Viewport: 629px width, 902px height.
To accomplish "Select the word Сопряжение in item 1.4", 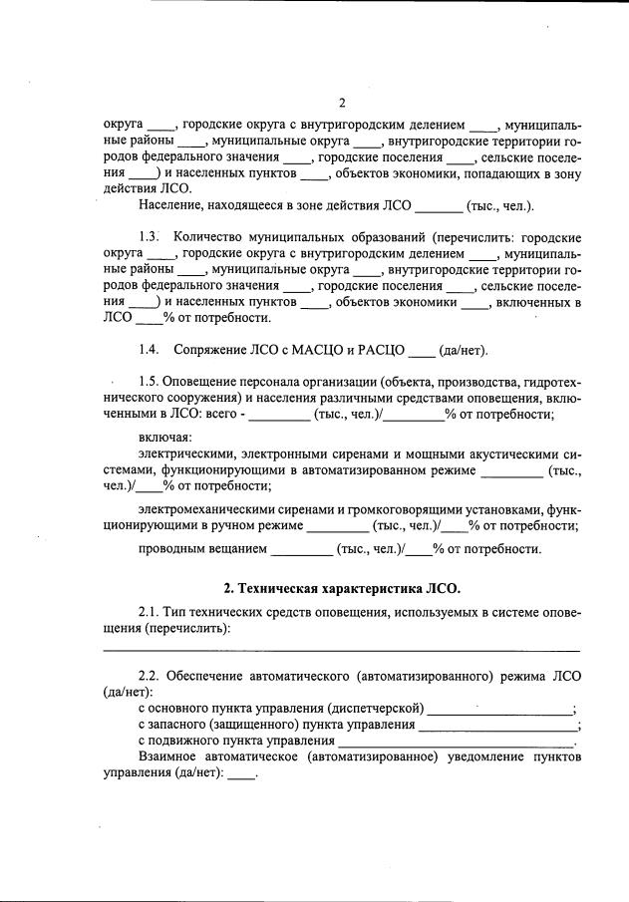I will click(208, 350).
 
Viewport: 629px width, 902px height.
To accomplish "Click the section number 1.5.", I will click(151, 382).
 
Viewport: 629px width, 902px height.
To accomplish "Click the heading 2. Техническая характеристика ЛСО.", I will click(342, 589).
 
